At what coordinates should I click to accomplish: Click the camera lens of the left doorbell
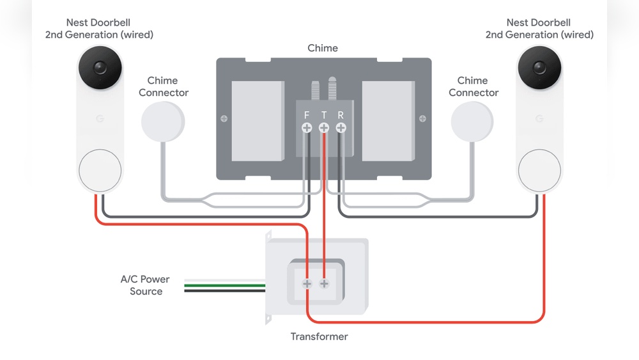click(100, 68)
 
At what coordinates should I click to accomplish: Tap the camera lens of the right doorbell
click(539, 68)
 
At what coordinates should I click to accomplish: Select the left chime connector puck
click(162, 121)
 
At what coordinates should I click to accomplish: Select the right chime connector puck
click(472, 121)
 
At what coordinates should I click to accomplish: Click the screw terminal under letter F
click(307, 128)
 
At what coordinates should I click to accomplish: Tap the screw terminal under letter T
click(324, 128)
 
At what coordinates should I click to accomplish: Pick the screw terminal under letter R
click(341, 128)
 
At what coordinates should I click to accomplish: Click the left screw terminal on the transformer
click(307, 284)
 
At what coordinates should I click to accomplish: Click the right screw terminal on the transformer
click(324, 284)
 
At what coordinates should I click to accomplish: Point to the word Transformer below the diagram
click(319, 337)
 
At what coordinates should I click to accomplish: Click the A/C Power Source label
click(145, 285)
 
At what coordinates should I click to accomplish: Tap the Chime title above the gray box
click(323, 48)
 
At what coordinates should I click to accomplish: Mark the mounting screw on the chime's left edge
click(224, 119)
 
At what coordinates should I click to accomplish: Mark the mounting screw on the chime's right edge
click(422, 119)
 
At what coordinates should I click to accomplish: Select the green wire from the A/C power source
click(224, 285)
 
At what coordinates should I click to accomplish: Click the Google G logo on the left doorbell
click(100, 119)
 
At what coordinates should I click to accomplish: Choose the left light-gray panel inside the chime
click(258, 121)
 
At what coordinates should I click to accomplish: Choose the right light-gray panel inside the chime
click(389, 121)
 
